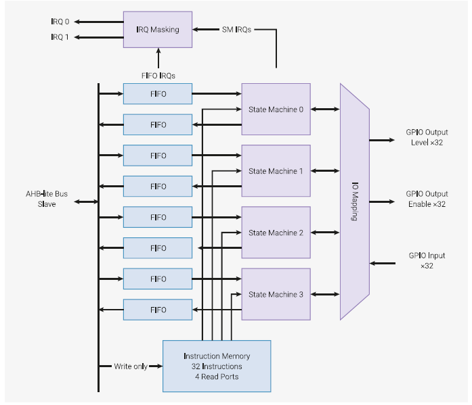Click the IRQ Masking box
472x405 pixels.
(x=157, y=29)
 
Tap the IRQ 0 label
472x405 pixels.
(x=60, y=22)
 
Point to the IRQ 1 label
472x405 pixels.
(x=60, y=37)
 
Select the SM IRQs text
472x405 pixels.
(x=236, y=29)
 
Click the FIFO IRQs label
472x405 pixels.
(x=158, y=75)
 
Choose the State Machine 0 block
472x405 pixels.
(x=276, y=110)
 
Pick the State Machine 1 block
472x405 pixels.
(x=276, y=171)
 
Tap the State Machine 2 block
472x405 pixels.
(x=276, y=233)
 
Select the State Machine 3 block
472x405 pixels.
(x=276, y=294)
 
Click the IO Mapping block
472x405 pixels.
(x=354, y=201)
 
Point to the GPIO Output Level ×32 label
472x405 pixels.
(x=427, y=137)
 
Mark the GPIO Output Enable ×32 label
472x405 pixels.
(x=427, y=199)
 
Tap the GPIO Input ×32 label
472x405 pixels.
(x=427, y=260)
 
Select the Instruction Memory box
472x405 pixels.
(x=217, y=366)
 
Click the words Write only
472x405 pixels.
(x=131, y=366)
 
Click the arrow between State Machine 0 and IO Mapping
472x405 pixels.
(x=325, y=110)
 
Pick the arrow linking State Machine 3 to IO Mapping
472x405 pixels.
(x=325, y=294)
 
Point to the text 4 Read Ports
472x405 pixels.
(x=217, y=377)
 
